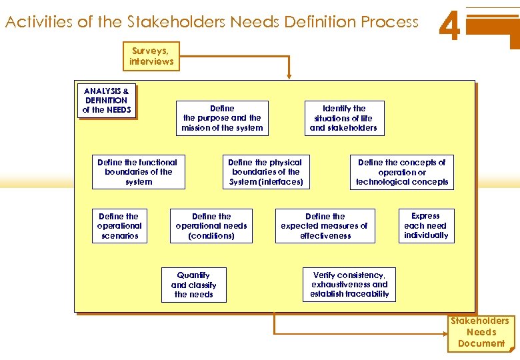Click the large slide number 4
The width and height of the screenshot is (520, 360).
tap(451, 27)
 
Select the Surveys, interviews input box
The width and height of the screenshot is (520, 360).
tap(151, 56)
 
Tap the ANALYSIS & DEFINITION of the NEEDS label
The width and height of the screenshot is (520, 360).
tap(107, 101)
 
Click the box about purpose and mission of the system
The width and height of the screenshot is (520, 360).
tap(222, 118)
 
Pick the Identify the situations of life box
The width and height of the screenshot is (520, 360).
tap(343, 118)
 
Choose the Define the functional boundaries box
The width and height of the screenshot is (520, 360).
tap(138, 172)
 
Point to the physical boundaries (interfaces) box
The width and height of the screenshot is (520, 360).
tap(265, 172)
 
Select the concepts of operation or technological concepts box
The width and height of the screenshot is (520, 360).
tap(401, 172)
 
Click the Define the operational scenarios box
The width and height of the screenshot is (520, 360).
tap(119, 226)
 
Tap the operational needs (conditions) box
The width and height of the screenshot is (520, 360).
tap(211, 226)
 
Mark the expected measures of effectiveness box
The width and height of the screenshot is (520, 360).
tap(325, 226)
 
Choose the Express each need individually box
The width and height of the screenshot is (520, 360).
tap(425, 226)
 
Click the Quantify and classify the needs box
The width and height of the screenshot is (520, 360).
tap(193, 285)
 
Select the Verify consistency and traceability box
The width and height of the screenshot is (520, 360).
tap(349, 285)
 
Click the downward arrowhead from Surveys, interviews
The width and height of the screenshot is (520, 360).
tap(289, 77)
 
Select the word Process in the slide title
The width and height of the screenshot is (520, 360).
tap(390, 22)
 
